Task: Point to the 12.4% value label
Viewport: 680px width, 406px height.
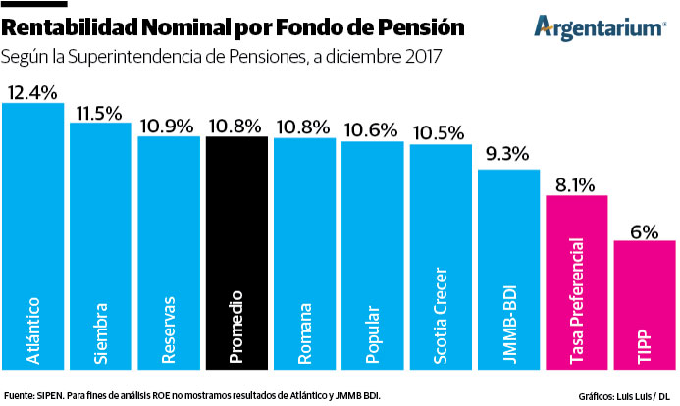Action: click(x=32, y=92)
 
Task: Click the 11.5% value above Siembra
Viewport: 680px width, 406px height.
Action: click(x=100, y=112)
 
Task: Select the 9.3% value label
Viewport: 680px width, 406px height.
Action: click(x=508, y=154)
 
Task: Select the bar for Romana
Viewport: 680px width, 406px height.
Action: click(x=304, y=255)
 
